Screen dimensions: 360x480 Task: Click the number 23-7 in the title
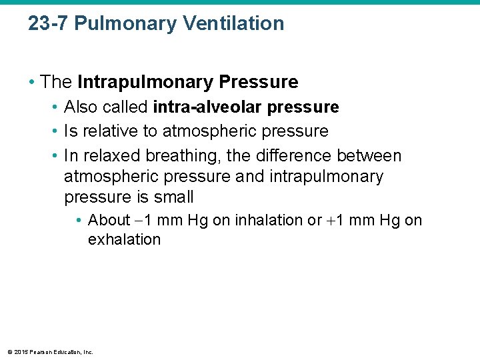(x=49, y=23)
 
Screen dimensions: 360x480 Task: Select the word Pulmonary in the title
(x=127, y=23)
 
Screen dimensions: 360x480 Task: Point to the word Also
(x=81, y=107)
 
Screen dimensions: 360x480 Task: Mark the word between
(x=369, y=156)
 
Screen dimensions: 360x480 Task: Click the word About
(x=109, y=221)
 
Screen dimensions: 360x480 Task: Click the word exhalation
(x=124, y=240)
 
